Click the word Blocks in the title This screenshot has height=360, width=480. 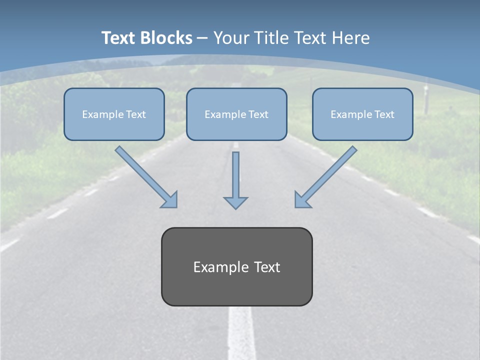click(166, 38)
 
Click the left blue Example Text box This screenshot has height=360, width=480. click(114, 114)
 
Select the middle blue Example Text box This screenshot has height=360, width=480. click(236, 114)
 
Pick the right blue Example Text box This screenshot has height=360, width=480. click(362, 114)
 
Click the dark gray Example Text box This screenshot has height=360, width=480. click(236, 266)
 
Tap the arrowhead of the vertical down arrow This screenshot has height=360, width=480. click(235, 202)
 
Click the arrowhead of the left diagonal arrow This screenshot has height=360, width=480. click(170, 200)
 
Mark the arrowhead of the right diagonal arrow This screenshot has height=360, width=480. click(302, 200)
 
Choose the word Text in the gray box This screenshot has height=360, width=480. click(266, 267)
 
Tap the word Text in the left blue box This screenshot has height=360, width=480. click(135, 114)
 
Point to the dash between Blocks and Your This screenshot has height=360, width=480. click(202, 38)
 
